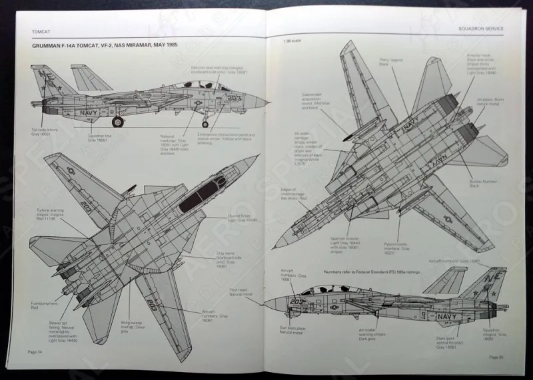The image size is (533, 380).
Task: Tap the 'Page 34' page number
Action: (x=36, y=351)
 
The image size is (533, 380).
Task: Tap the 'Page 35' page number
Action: (x=496, y=357)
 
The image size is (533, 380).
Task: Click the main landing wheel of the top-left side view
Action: (x=118, y=121)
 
